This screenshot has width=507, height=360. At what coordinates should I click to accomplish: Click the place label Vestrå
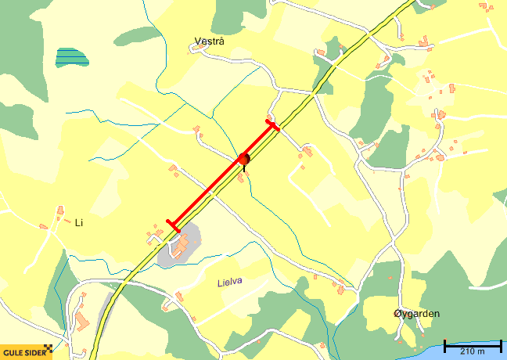(x=210, y=41)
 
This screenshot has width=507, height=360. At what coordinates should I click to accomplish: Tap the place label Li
(x=78, y=223)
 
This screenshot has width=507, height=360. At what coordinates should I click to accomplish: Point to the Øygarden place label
(x=416, y=314)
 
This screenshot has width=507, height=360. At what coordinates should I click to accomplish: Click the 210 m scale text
(x=473, y=352)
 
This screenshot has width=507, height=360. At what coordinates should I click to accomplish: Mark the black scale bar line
(x=473, y=344)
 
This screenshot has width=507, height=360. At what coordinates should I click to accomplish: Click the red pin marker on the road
(x=244, y=159)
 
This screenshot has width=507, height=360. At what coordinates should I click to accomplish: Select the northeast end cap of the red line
(x=271, y=124)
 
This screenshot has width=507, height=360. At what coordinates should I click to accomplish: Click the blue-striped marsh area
(x=72, y=56)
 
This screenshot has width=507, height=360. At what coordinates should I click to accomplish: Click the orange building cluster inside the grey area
(x=182, y=246)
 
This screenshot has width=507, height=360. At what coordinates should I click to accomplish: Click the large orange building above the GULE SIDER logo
(x=81, y=322)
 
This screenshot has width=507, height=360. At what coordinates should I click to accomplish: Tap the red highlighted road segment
(x=221, y=175)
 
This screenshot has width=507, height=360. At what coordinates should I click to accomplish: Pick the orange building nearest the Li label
(x=60, y=210)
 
